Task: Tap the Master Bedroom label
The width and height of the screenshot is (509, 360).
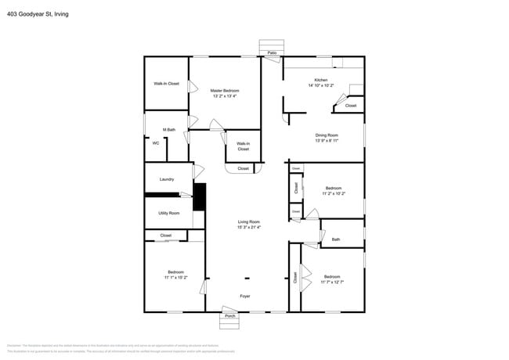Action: point(225,91)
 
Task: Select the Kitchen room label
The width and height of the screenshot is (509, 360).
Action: point(321,81)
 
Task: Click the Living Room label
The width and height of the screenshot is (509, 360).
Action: point(249,222)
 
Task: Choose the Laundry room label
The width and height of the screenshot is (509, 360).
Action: point(167,179)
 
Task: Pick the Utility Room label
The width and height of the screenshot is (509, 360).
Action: point(168,213)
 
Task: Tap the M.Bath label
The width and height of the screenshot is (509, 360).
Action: point(168,130)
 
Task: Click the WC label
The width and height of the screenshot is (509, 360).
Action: point(156,142)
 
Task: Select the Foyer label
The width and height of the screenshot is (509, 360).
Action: point(246,296)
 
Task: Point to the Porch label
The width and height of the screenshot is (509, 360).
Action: point(230,316)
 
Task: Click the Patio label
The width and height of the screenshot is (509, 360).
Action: point(272,53)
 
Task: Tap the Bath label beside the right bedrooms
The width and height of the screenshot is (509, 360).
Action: point(336,239)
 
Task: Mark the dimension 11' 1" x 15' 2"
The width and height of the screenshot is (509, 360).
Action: point(175,277)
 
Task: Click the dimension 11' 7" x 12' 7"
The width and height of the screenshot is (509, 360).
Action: point(332,281)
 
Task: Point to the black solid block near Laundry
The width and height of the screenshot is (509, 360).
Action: point(200,196)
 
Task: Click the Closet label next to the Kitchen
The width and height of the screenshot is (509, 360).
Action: point(350,106)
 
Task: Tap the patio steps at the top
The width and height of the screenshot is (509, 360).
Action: point(272,44)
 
